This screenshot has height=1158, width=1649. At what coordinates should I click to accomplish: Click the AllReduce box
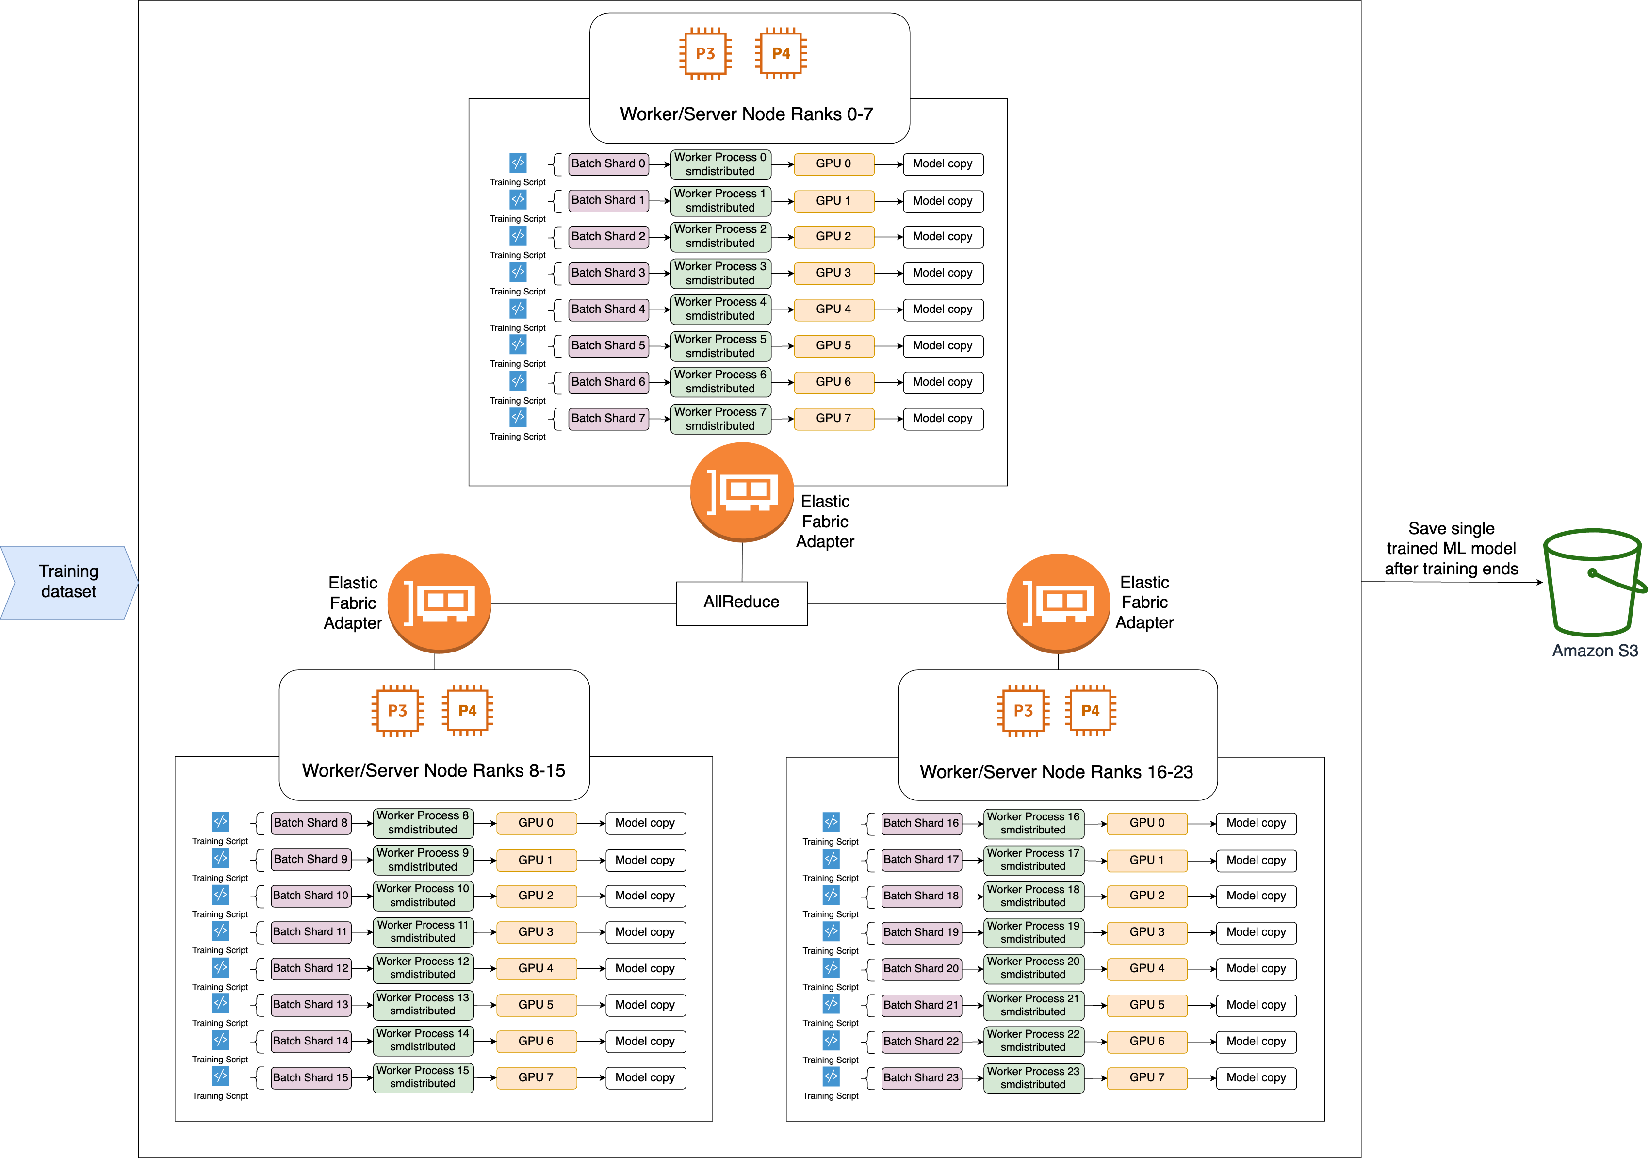click(741, 603)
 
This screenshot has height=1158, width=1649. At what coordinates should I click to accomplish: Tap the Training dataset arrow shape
click(68, 582)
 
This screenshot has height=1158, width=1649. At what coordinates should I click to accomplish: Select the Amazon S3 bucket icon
click(1594, 583)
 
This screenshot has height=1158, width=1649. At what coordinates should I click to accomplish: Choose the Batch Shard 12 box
click(310, 968)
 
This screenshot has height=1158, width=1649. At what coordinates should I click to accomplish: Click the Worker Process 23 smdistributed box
click(1033, 1077)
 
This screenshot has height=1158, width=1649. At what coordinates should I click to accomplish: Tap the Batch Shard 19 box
click(921, 932)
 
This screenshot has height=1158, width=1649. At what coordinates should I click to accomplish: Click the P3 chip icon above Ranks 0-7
click(705, 54)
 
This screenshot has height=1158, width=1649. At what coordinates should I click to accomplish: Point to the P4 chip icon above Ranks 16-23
click(1090, 710)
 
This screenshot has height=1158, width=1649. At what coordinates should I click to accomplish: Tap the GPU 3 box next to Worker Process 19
click(1146, 932)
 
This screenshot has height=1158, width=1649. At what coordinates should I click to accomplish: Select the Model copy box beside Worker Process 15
click(645, 1077)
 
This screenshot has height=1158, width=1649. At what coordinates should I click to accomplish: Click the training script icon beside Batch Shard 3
click(518, 272)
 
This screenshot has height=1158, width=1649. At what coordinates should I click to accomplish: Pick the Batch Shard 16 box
click(921, 823)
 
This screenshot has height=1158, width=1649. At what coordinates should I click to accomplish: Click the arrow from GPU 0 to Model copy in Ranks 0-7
click(888, 164)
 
